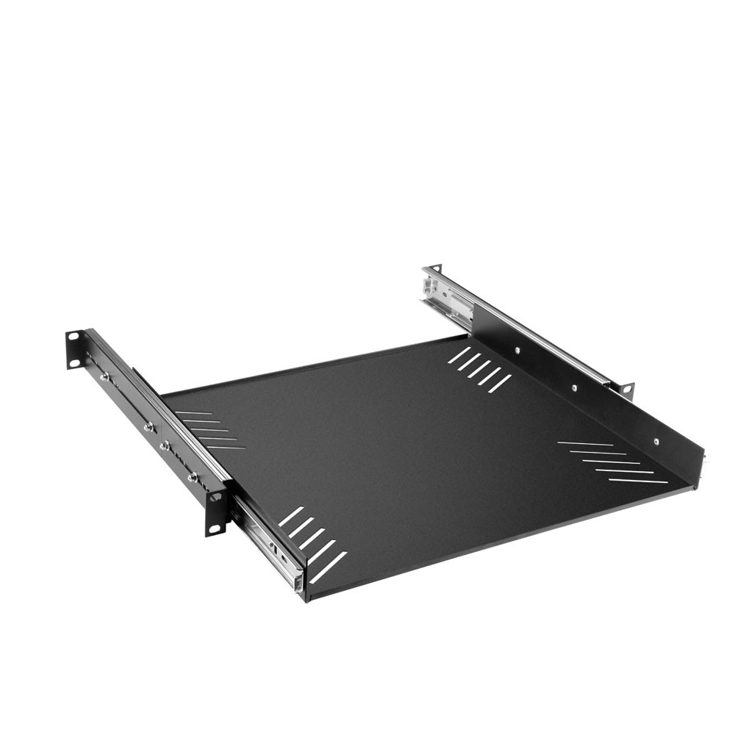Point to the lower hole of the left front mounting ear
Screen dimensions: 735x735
pos(215,524)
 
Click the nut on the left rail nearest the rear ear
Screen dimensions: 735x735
pos(105,376)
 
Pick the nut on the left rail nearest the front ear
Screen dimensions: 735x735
pos(193,478)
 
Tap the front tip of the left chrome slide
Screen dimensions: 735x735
pos(298,582)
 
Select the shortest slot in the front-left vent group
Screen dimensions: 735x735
pos(291,516)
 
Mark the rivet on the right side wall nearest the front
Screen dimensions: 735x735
pos(656,442)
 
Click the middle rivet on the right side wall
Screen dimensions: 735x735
pos(574,387)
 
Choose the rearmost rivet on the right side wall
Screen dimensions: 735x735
pos(517,351)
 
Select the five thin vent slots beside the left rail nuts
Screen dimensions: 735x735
pos(209,430)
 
